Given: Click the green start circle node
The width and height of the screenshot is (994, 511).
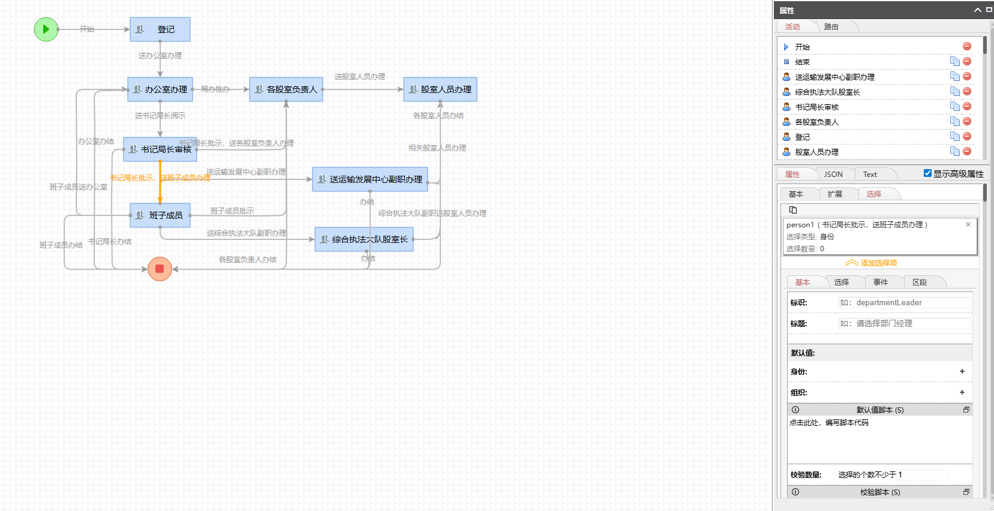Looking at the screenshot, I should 46,29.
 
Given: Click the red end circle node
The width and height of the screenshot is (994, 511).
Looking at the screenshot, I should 160,269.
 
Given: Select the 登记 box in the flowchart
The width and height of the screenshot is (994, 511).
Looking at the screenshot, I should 160,29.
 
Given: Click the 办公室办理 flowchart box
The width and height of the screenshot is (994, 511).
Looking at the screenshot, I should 160,89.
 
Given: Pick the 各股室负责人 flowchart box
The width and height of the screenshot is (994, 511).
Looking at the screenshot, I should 286,89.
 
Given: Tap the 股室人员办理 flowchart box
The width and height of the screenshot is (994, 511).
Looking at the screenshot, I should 440,89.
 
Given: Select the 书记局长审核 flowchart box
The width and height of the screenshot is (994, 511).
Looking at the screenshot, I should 160,149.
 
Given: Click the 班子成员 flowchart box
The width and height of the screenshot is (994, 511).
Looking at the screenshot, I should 160,215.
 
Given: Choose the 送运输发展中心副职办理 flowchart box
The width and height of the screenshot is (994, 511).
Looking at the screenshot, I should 370,179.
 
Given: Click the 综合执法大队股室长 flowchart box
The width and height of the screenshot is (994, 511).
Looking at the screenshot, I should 364,239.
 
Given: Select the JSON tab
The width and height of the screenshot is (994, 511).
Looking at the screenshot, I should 833,175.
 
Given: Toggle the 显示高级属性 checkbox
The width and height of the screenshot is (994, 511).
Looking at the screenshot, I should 927,173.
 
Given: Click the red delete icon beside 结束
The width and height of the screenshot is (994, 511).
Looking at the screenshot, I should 967,61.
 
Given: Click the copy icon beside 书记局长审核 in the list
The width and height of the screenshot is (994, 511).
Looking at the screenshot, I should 954,106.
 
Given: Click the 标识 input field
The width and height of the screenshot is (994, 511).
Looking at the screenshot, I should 903,303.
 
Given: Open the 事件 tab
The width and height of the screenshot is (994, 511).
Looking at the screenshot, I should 880,282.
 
